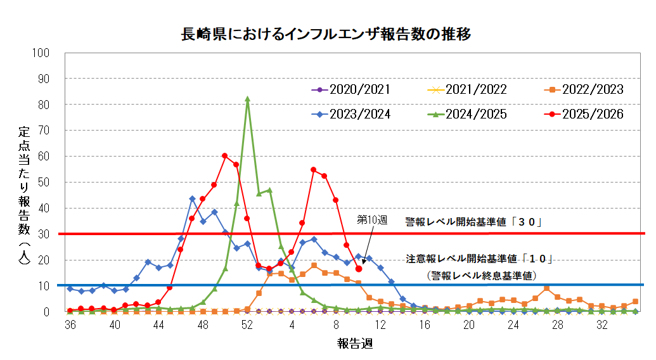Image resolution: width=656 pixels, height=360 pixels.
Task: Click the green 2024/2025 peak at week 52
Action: [x=247, y=99]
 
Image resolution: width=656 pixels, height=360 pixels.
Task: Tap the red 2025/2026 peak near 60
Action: [x=225, y=156]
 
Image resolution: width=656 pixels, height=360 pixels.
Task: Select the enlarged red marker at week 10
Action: [x=359, y=269]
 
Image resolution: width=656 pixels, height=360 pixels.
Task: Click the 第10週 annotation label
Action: [x=371, y=220]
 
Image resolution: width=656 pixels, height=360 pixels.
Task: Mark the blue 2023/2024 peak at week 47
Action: [x=192, y=198]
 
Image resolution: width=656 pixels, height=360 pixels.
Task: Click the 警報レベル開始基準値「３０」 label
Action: [x=475, y=222]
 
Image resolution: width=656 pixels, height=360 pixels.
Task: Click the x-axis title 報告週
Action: [x=354, y=344]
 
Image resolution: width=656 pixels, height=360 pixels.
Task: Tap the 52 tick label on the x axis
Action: [x=247, y=324]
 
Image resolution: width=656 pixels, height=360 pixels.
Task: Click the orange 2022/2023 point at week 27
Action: [x=546, y=288]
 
